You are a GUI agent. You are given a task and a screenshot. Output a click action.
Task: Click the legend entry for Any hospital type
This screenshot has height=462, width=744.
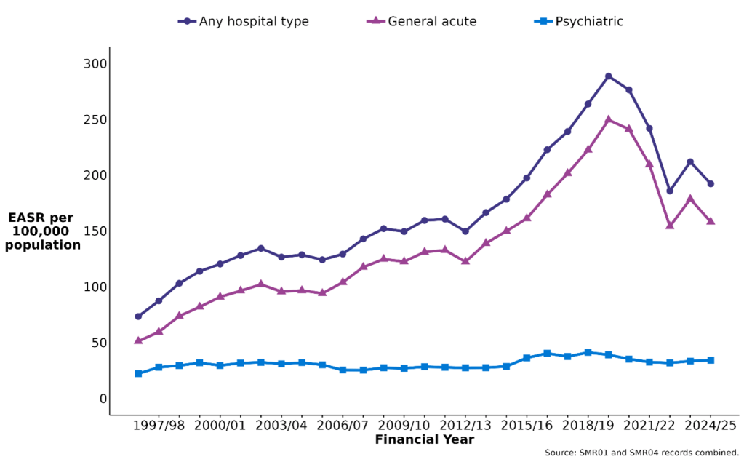244,22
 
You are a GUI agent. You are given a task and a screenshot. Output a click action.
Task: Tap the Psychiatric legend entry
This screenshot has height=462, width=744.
579,22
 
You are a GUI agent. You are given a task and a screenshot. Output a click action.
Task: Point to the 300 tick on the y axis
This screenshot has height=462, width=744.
95,64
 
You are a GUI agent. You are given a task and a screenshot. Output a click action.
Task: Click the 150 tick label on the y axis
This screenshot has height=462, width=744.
95,231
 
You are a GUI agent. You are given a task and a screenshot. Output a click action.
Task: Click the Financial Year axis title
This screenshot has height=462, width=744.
425,440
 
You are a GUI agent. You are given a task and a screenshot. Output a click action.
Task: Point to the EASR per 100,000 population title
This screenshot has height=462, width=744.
43,231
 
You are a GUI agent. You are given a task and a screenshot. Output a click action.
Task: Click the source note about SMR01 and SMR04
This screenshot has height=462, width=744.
641,453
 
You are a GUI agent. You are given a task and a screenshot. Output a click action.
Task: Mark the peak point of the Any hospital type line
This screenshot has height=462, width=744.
609,76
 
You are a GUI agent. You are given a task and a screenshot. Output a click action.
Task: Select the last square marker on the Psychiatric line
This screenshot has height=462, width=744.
711,360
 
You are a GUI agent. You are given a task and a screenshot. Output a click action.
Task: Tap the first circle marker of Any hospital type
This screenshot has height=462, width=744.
138,316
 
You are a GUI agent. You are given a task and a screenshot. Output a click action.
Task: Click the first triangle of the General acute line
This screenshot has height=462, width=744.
138,340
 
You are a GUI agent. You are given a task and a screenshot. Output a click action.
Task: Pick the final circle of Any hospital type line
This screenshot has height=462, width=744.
711,184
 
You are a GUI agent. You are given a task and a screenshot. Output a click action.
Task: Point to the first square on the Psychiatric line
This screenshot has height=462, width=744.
138,373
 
